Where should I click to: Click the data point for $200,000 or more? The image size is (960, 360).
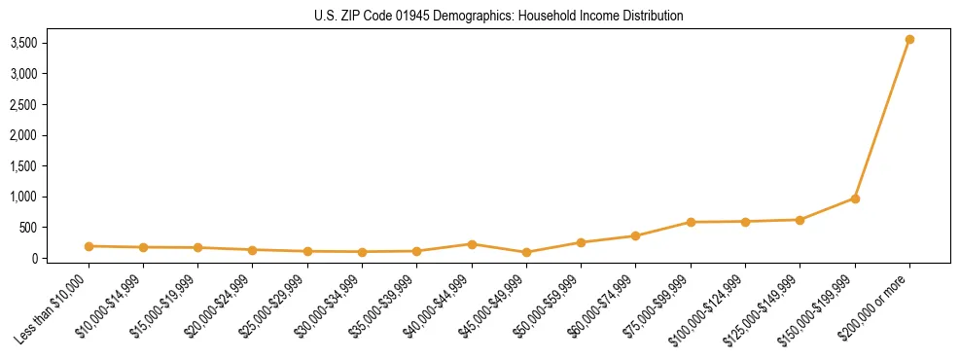coord(909,40)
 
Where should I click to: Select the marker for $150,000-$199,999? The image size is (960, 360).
coord(855,198)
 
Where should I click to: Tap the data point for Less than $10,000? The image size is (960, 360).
coord(89,246)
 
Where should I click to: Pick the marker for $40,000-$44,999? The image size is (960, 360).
coord(472,244)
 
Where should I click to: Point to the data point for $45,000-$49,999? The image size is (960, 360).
coord(526,252)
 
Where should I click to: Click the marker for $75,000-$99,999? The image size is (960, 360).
coord(691,222)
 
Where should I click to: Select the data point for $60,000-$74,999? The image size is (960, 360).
coord(635,235)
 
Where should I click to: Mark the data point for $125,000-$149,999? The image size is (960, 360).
coord(800,220)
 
